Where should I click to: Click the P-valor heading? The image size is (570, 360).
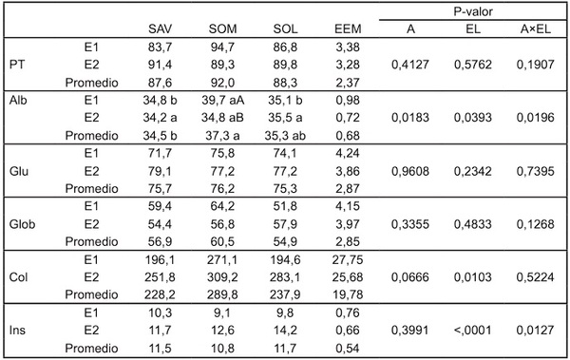472,11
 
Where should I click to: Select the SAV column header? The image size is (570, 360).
160,28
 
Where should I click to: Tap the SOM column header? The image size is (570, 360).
222,28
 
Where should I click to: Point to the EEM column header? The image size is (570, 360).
348,28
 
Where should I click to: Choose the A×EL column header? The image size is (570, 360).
536,28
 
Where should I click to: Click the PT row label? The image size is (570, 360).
17,65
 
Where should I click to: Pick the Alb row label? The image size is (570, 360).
18,100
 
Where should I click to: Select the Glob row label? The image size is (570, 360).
22,224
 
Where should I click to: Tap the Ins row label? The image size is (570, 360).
17,331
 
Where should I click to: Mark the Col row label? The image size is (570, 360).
18,277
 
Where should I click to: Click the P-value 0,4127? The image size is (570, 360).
410,65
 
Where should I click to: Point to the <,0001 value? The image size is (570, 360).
472,331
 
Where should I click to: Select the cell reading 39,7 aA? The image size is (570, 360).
223,100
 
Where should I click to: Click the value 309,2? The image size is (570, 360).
222,277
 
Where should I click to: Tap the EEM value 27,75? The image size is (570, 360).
348,259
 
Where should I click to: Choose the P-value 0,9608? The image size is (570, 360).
410,171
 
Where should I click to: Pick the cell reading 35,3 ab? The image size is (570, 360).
285,135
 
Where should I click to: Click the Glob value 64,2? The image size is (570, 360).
222,206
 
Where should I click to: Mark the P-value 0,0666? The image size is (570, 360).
410,277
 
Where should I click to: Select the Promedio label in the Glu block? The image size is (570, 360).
91,188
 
